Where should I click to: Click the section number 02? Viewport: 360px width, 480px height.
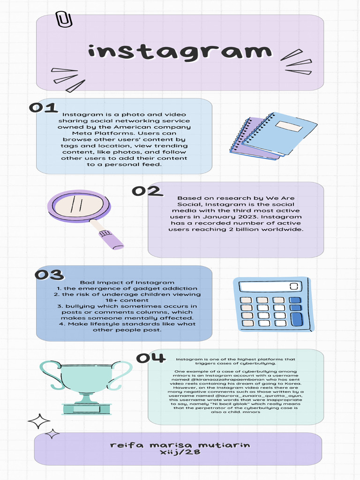[x=147, y=191]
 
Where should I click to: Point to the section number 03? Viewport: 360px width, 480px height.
[x=49, y=275]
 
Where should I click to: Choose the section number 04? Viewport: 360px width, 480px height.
[x=151, y=358]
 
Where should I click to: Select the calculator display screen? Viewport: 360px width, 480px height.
[x=269, y=286]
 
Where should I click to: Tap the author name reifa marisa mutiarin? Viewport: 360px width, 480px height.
[x=180, y=445]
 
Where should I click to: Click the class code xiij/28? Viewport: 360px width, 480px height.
[x=180, y=453]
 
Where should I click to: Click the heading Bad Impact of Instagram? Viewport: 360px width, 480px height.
[x=127, y=283]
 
